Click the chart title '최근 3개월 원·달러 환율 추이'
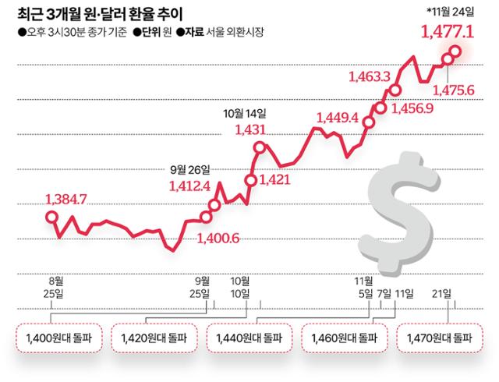point(101,14)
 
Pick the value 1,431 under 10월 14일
point(251,130)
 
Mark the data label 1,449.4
point(337,118)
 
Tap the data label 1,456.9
point(416,108)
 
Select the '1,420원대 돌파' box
point(154,340)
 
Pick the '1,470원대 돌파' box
point(441,340)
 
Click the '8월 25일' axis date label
point(55,286)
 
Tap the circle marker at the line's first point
point(51,217)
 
